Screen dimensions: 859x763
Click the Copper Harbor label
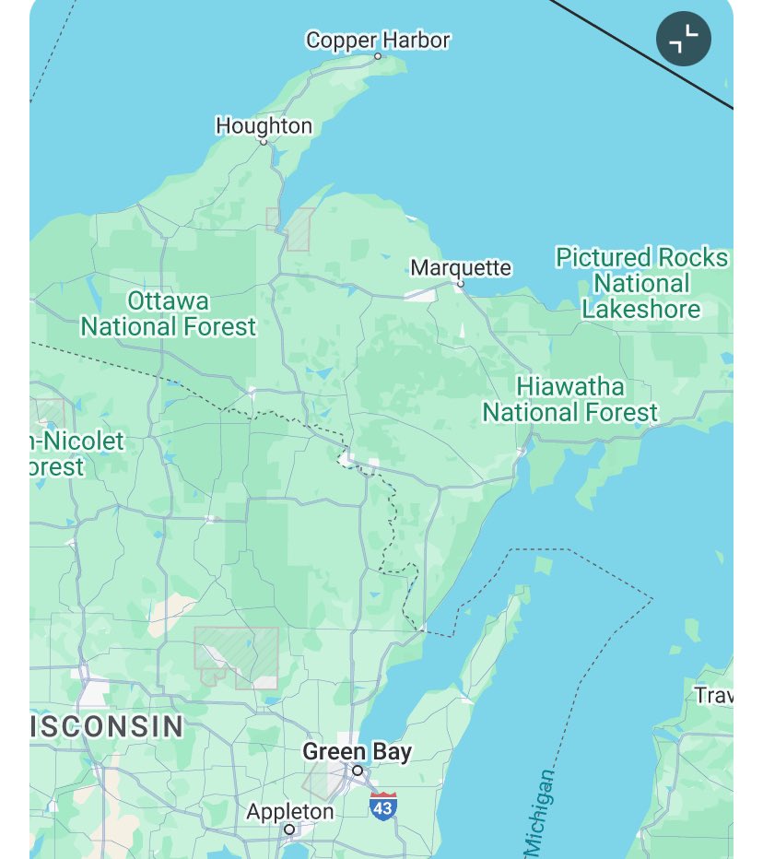[378, 41]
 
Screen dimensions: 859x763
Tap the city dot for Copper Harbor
[377, 56]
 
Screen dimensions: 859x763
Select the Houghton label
[264, 125]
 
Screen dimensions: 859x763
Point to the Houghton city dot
[263, 142]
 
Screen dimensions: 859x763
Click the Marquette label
[460, 267]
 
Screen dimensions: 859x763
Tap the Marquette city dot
[460, 284]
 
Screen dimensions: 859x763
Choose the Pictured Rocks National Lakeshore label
[641, 283]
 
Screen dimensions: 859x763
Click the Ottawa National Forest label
[168, 313]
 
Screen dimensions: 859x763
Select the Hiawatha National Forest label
[570, 399]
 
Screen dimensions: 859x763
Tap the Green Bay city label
[357, 752]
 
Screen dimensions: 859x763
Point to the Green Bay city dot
[358, 771]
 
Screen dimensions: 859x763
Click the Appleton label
[289, 812]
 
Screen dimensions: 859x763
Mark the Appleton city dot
[288, 830]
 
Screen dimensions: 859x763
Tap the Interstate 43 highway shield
[383, 806]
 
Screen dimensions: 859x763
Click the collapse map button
[683, 39]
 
